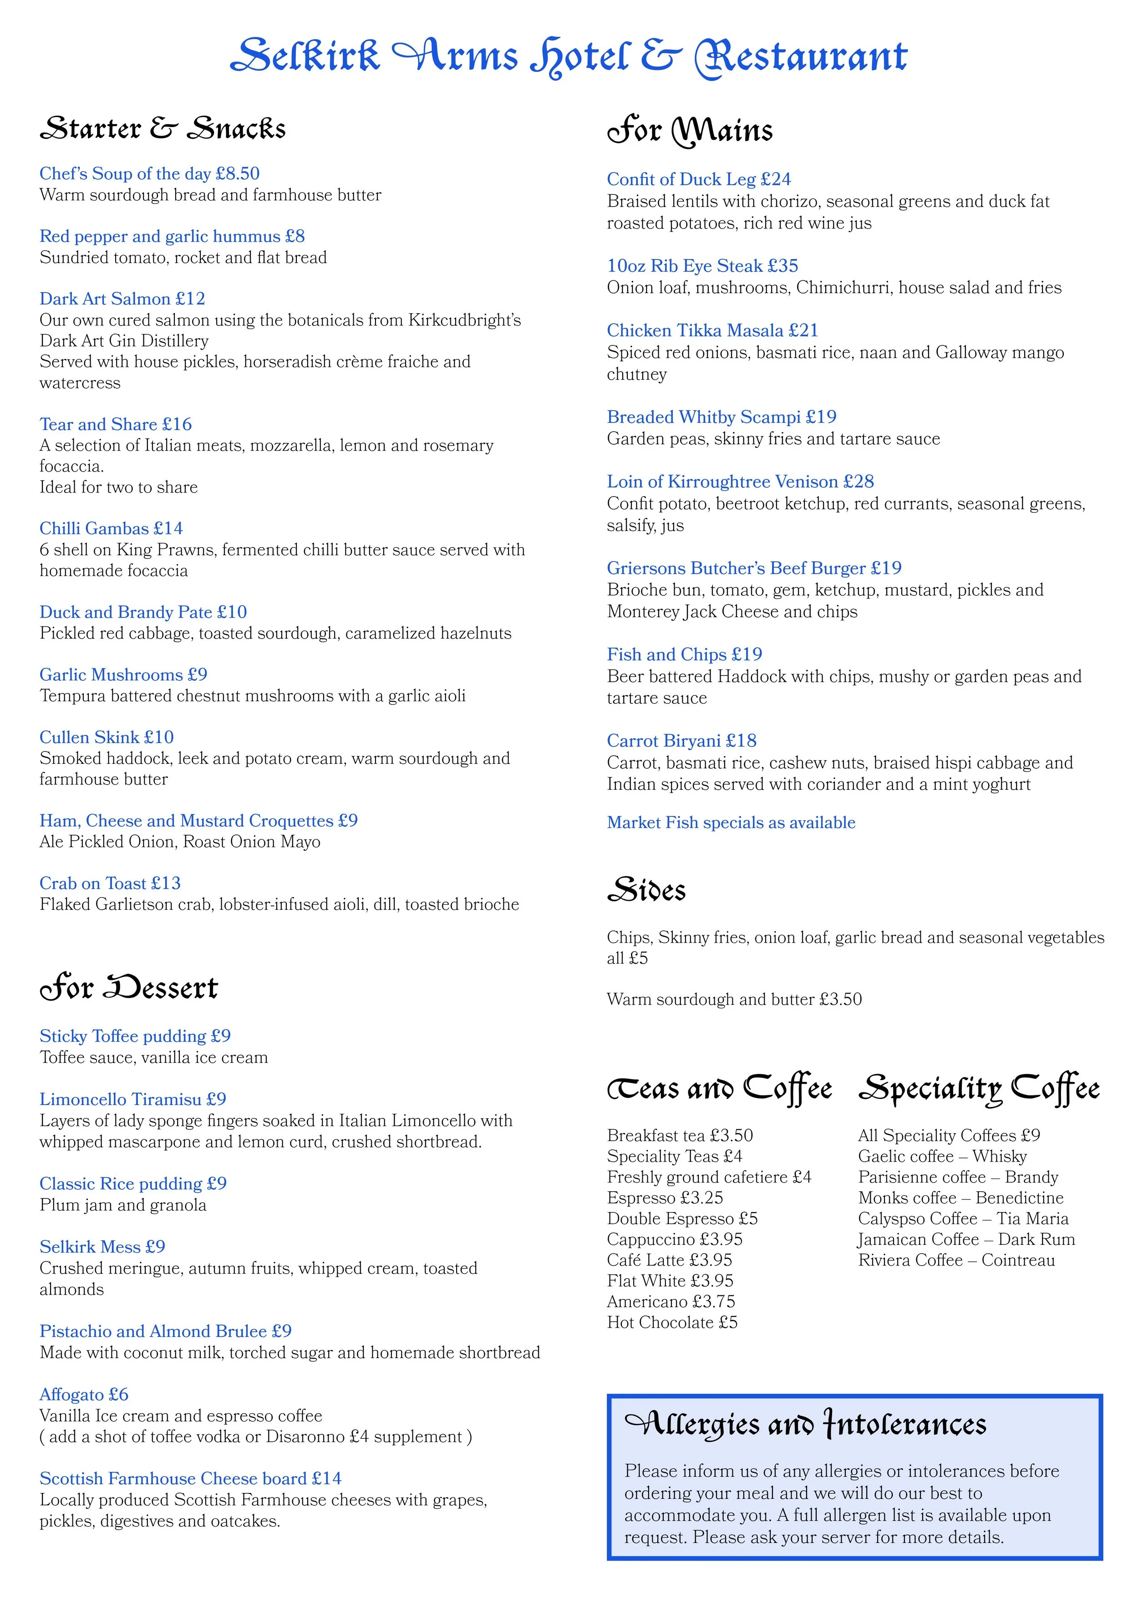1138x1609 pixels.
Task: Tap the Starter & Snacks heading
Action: (163, 129)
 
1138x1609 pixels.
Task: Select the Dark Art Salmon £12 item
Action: (122, 299)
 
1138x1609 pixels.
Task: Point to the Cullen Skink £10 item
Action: (107, 737)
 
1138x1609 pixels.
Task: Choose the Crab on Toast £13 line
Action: (110, 883)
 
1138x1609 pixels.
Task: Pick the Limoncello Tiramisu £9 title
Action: (132, 1099)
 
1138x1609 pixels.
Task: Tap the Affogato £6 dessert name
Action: (84, 1395)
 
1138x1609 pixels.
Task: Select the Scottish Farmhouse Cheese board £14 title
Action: (191, 1479)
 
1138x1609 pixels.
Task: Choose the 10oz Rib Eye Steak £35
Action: (702, 266)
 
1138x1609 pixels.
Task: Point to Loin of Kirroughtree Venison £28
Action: (740, 482)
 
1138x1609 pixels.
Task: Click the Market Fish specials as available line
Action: (731, 823)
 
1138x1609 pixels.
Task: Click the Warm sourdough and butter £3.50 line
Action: (734, 1000)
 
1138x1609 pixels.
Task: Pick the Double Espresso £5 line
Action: (682, 1218)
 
